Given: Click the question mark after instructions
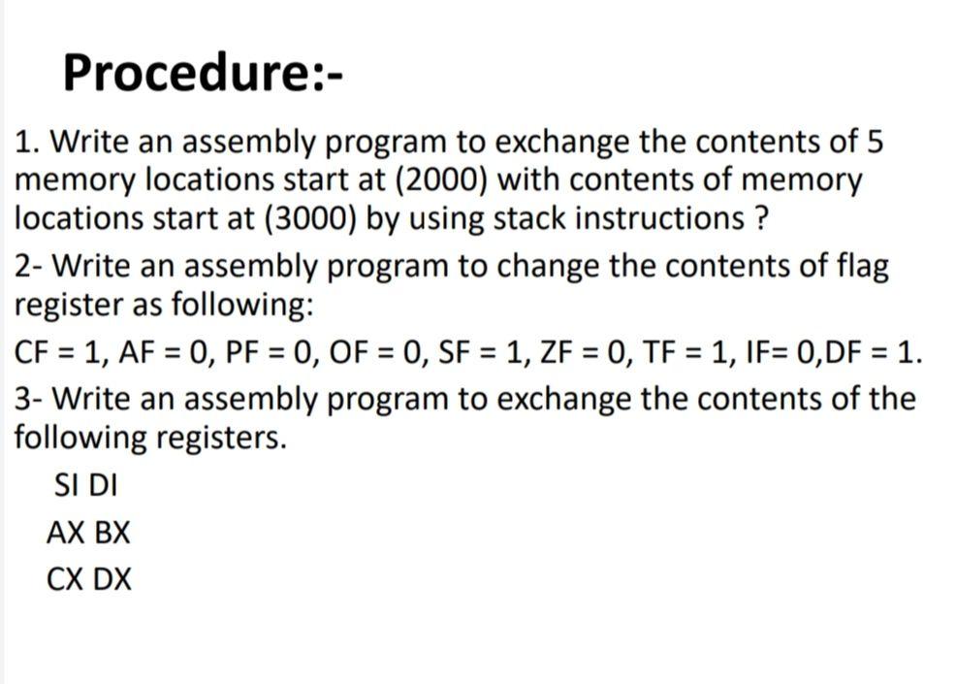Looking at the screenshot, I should click(761, 218).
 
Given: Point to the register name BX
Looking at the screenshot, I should click(112, 533).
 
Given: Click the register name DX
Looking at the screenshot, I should click(112, 580).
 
